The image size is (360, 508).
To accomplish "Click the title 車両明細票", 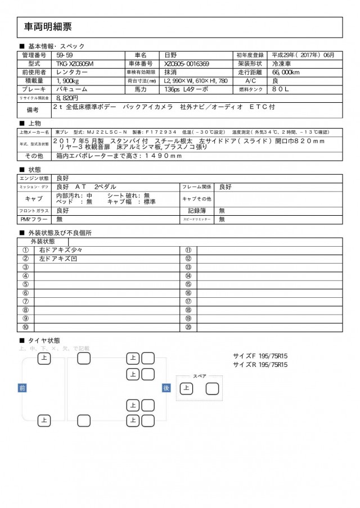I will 48,26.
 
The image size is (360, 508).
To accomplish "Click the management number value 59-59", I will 64,55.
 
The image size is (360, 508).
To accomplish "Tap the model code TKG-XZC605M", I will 75,64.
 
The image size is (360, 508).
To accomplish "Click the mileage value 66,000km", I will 290,72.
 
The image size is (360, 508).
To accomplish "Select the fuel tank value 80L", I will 283,89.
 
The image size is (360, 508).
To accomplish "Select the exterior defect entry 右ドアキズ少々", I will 60,250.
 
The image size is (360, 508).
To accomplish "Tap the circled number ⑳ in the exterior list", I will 188,327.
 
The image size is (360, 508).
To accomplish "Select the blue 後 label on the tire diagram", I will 166,388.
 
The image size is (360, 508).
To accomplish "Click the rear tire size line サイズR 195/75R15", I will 260,364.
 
